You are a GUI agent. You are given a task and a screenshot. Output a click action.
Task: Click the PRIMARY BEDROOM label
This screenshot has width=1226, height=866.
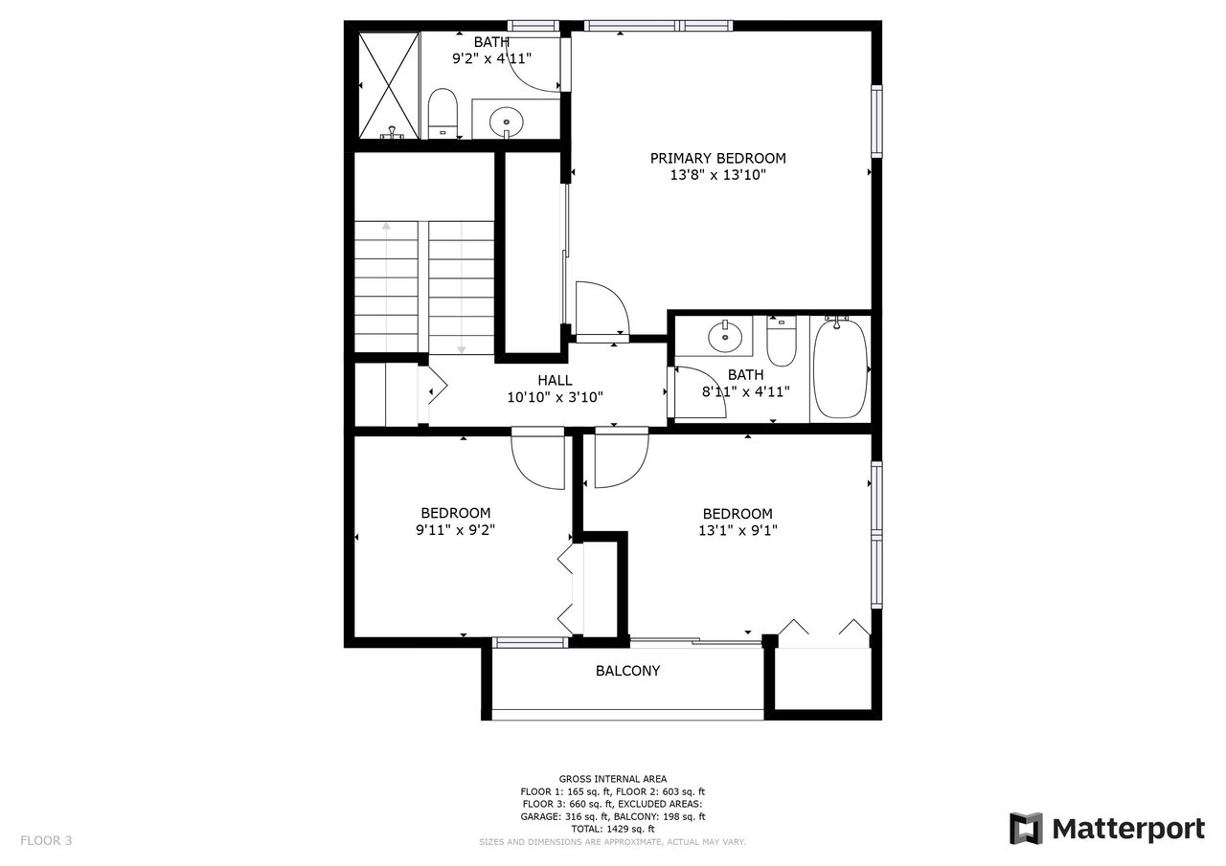717,159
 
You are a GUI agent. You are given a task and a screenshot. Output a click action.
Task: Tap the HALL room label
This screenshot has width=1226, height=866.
555,381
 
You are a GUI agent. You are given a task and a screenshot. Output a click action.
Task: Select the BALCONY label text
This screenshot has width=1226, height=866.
627,671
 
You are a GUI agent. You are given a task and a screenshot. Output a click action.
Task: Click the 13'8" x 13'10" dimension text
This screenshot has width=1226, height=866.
717,175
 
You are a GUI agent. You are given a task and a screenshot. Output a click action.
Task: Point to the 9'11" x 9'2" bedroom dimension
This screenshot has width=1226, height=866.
455,530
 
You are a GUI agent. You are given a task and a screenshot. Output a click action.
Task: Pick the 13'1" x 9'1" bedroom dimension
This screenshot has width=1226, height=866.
738,530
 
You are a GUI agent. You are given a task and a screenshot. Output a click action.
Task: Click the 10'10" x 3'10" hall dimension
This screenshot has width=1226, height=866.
555,397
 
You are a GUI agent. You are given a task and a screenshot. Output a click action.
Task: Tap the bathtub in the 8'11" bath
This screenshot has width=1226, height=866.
840,368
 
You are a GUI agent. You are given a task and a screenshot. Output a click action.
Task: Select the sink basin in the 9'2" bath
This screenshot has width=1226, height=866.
507,122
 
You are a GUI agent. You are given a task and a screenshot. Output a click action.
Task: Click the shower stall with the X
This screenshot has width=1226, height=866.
389,85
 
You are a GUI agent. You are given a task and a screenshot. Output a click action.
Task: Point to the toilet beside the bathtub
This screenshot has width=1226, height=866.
781,342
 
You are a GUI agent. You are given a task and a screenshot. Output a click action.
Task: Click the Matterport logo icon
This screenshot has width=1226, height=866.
1026,829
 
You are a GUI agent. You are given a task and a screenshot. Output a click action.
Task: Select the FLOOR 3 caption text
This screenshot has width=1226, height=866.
46,840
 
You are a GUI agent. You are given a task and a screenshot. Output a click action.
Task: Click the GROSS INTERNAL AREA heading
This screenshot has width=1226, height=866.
612,779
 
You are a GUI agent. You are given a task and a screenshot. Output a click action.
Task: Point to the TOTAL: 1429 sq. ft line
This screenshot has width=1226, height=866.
612,829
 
